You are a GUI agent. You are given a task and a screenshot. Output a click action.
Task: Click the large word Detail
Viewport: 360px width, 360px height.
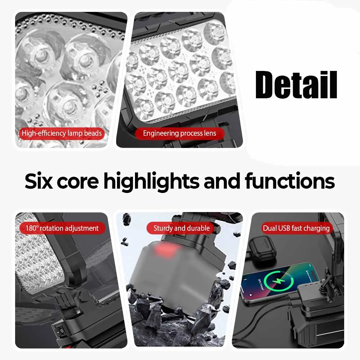[296, 85]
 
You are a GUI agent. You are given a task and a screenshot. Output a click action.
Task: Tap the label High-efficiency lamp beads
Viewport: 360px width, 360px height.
[62, 133]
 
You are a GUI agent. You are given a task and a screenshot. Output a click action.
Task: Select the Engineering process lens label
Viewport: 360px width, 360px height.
[179, 133]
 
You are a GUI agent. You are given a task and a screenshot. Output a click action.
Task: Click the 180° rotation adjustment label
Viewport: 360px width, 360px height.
[62, 228]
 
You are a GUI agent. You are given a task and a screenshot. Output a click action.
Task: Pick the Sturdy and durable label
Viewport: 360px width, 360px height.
[181, 228]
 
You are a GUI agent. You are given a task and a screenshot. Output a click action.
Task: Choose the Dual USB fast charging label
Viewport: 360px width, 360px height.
[296, 228]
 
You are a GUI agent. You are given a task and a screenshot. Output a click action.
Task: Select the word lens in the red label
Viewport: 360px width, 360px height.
[210, 133]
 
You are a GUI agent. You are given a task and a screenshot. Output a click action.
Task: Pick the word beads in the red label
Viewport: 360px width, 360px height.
[93, 133]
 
